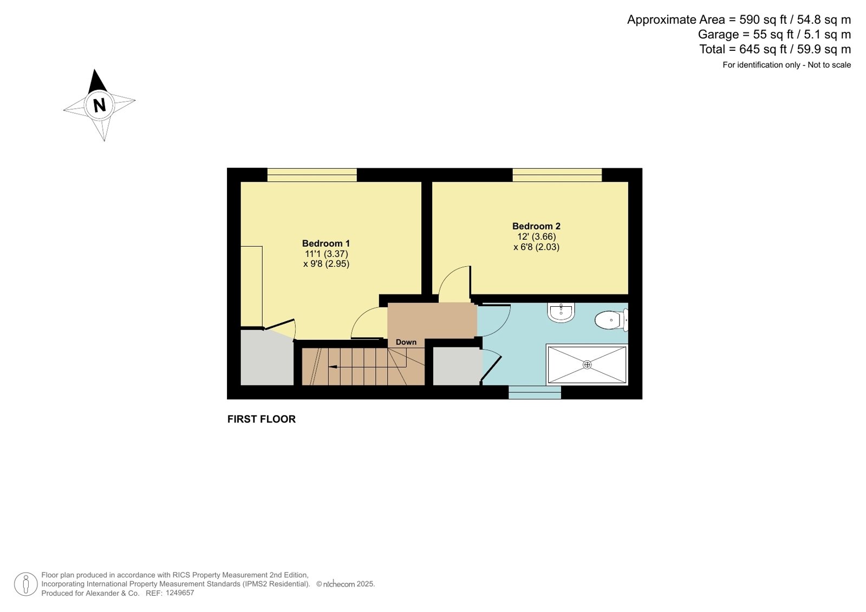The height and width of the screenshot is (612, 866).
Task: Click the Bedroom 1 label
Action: click(x=326, y=244)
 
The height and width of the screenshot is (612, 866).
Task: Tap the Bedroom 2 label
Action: click(x=536, y=226)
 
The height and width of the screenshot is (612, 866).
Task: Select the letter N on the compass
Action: click(x=100, y=105)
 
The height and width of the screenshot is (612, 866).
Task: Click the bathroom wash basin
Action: click(x=561, y=312)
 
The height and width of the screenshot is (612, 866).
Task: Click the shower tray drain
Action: click(x=587, y=364)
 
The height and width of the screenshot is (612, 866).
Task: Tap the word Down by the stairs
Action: click(x=406, y=342)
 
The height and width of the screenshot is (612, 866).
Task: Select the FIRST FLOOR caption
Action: click(x=262, y=419)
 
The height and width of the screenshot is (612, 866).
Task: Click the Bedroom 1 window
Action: click(x=312, y=175)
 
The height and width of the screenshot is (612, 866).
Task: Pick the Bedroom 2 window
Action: click(x=557, y=175)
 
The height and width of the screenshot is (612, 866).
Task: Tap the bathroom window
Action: click(x=535, y=392)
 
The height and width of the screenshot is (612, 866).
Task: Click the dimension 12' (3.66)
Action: click(x=537, y=236)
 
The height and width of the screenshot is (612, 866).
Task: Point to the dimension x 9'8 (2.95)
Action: click(x=326, y=264)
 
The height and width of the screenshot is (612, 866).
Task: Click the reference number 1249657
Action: click(x=180, y=593)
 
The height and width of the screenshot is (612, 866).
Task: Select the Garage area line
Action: click(x=774, y=35)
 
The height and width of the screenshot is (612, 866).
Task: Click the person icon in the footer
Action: click(x=26, y=584)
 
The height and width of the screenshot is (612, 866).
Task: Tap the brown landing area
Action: click(x=432, y=320)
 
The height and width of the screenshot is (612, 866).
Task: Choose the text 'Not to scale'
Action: click(x=829, y=65)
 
